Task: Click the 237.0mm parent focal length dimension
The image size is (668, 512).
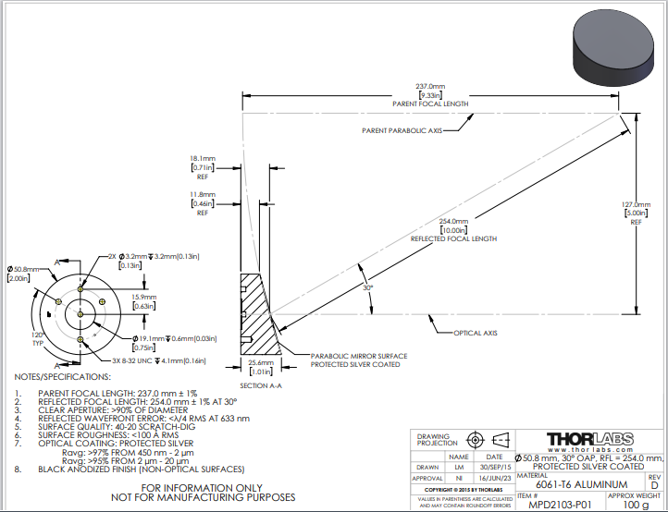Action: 430,87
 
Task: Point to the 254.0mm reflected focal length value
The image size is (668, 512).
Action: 453,221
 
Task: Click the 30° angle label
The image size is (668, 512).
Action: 367,287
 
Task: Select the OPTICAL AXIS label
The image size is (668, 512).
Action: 476,332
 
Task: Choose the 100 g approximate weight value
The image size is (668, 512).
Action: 634,505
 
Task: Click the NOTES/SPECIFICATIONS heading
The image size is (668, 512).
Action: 62,377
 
